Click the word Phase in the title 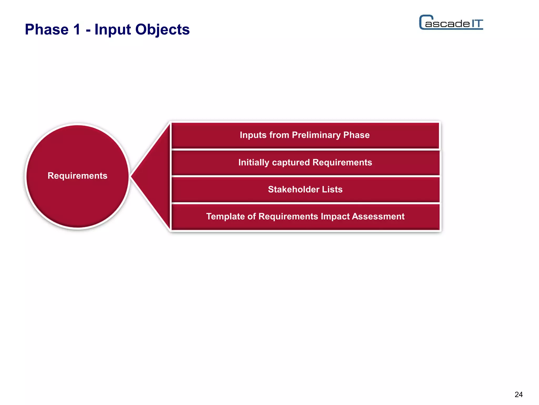(47, 29)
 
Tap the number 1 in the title (77, 29)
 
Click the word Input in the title (113, 29)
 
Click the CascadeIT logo (451, 23)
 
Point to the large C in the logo (423, 22)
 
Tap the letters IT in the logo (477, 24)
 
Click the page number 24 (518, 394)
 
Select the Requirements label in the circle (77, 176)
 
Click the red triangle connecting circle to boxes (155, 176)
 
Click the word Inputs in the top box (253, 135)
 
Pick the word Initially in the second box (254, 162)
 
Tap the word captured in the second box (291, 163)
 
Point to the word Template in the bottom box (225, 216)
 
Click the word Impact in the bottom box (335, 216)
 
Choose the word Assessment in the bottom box (378, 216)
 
